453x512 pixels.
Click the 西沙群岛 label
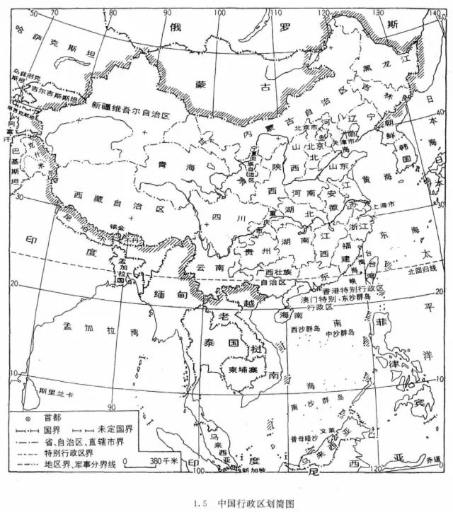pyautogui.click(x=306, y=329)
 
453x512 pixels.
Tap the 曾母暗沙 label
pyautogui.click(x=304, y=438)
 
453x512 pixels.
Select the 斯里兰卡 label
pyautogui.click(x=57, y=391)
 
